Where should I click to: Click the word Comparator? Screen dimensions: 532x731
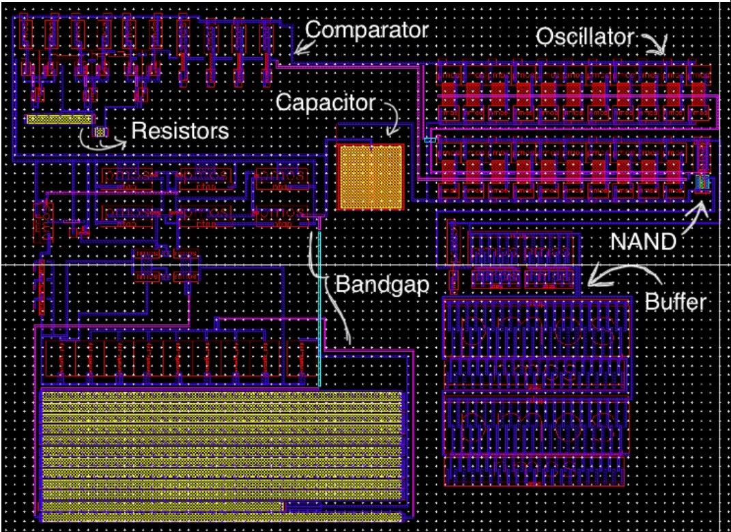[x=367, y=30]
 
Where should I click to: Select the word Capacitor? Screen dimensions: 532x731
[x=326, y=103]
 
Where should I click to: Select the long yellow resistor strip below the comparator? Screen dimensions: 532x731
[x=59, y=119]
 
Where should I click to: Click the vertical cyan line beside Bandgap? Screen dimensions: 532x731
[x=319, y=307]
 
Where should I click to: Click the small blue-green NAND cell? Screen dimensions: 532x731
[x=703, y=183]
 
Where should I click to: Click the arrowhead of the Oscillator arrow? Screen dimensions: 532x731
[x=661, y=52]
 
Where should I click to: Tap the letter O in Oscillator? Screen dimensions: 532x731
[x=543, y=37]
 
